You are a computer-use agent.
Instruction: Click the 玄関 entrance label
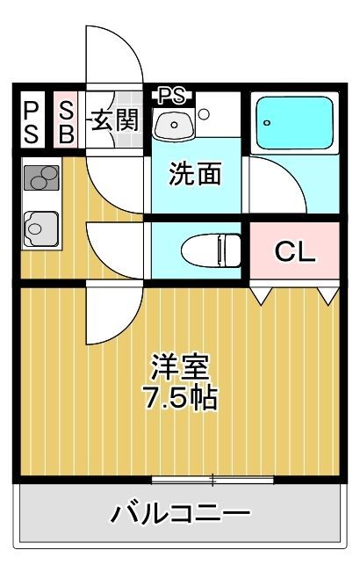pyautogui.click(x=115, y=119)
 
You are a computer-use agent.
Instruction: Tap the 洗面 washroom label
pyautogui.click(x=195, y=174)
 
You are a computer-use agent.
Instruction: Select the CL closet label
pyautogui.click(x=295, y=251)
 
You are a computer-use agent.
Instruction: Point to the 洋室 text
pyautogui.click(x=181, y=366)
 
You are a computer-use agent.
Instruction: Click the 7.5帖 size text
pyautogui.click(x=181, y=398)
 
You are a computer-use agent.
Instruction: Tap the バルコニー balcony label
pyautogui.click(x=181, y=514)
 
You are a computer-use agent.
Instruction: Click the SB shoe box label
pyautogui.click(x=67, y=122)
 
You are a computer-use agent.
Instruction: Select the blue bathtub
pyautogui.click(x=295, y=123)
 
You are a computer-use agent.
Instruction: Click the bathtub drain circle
pyautogui.click(x=268, y=123)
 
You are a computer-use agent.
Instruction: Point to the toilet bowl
pyautogui.click(x=211, y=250)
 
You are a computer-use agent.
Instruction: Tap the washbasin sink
pyautogui.click(x=174, y=125)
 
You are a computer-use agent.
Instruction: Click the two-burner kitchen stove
pyautogui.click(x=41, y=178)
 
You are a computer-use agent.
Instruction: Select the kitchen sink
pyautogui.click(x=40, y=229)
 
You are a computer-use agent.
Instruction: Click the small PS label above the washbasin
pyautogui.click(x=172, y=97)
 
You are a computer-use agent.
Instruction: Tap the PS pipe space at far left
pyautogui.click(x=32, y=122)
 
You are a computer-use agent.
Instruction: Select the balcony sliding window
pyautogui.click(x=212, y=480)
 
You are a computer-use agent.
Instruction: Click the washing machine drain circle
pyautogui.click(x=204, y=114)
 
